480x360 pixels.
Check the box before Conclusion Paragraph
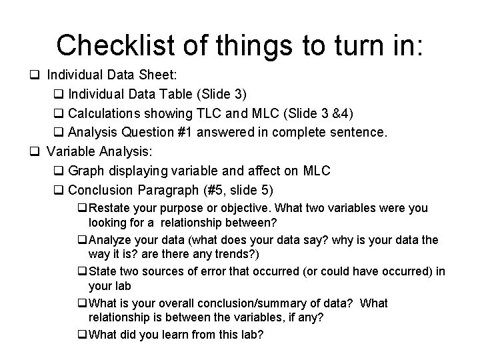pos(57,189)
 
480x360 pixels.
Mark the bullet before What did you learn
pos(82,334)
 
